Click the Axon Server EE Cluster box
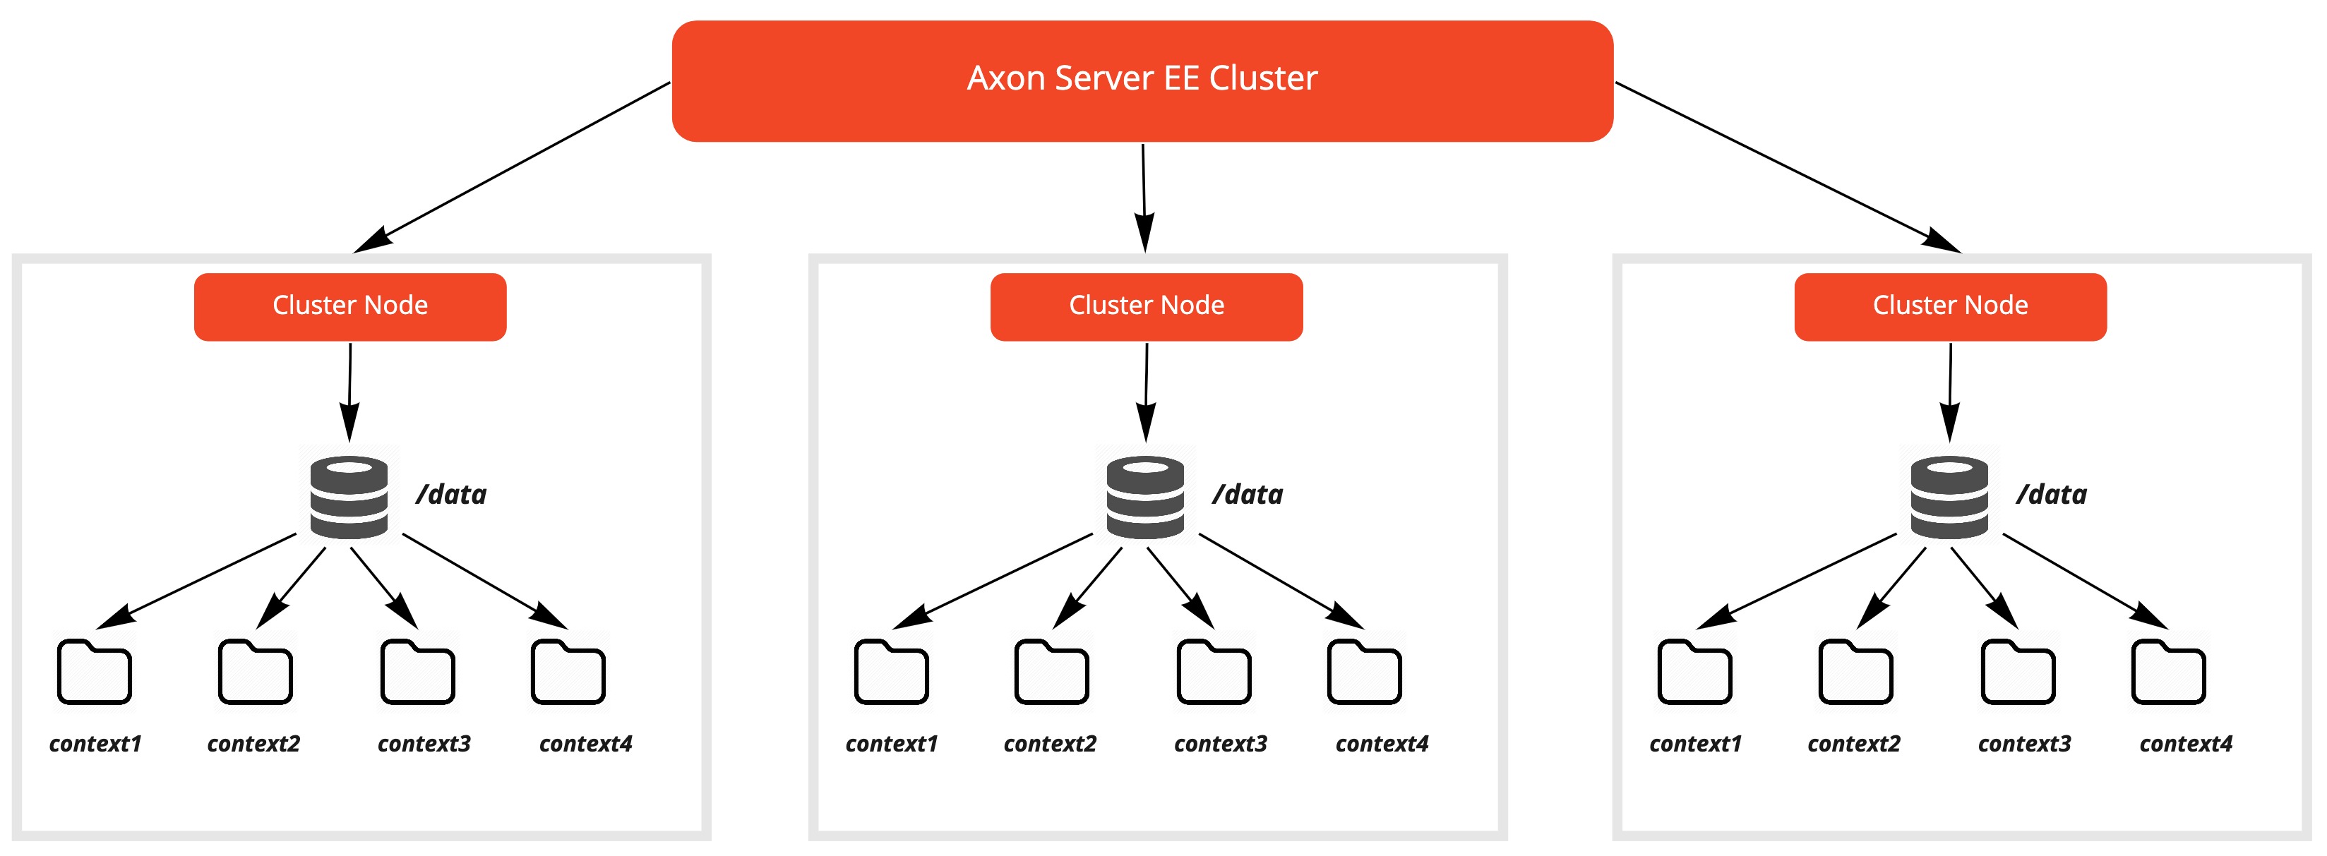tap(1142, 80)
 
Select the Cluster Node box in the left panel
tap(349, 306)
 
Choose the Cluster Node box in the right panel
tap(1949, 306)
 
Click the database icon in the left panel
tap(349, 497)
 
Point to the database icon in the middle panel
tap(1144, 497)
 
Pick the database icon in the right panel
tap(1949, 497)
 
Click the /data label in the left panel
tap(450, 495)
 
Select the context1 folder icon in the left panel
tap(94, 672)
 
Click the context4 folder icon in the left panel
tap(568, 672)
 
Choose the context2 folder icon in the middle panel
tap(1051, 672)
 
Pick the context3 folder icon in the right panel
tap(2017, 672)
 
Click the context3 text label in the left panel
tap(424, 744)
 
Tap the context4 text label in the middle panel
tap(1381, 744)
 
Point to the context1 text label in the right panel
tap(1694, 744)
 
